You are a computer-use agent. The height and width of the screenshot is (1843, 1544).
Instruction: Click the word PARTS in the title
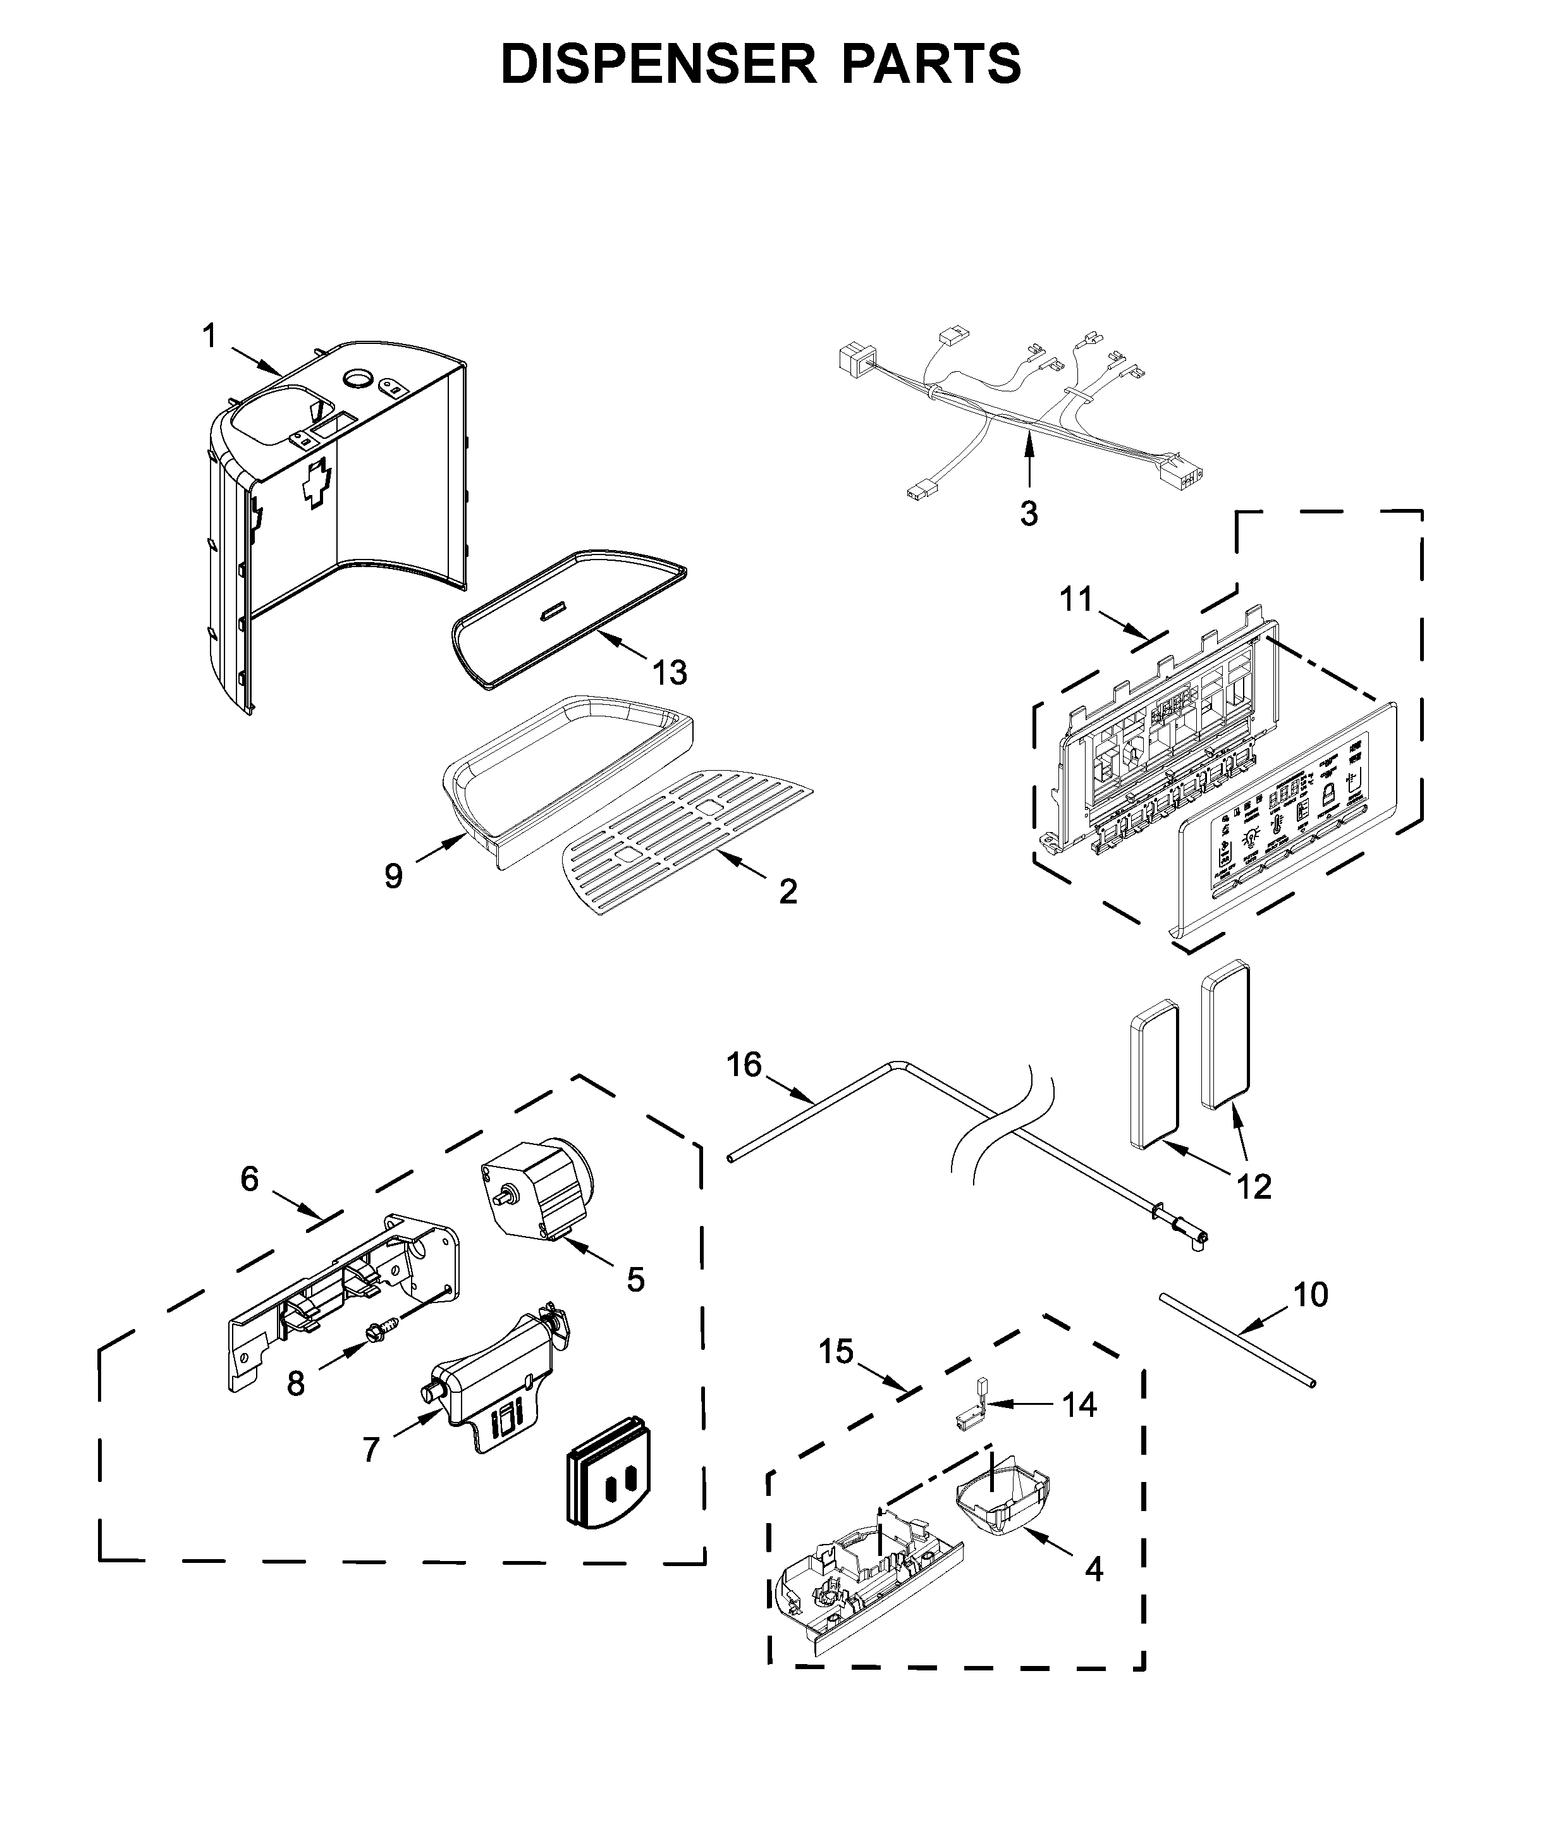[931, 63]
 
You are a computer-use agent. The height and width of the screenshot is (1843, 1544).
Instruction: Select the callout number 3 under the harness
[1029, 513]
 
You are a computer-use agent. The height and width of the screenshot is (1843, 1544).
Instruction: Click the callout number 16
[744, 1065]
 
